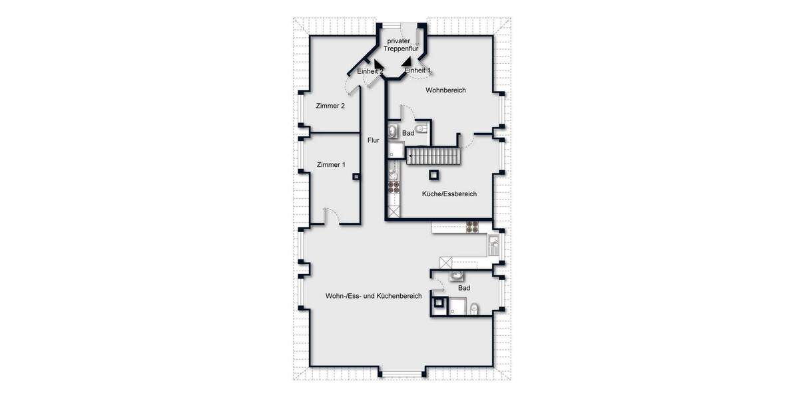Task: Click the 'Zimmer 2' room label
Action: (x=330, y=105)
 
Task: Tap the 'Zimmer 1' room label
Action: (x=330, y=165)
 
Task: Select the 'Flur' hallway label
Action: (x=373, y=140)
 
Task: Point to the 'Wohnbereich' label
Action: (x=445, y=90)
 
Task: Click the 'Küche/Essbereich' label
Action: (x=449, y=194)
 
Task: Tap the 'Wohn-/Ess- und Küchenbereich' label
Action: (x=373, y=296)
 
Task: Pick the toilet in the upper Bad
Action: (x=420, y=128)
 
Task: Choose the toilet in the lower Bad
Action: (x=473, y=308)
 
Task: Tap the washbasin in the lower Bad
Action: (x=457, y=275)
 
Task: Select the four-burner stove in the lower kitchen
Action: (x=473, y=227)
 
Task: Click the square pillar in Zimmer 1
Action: (x=357, y=177)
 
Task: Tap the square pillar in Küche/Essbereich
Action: (x=434, y=175)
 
